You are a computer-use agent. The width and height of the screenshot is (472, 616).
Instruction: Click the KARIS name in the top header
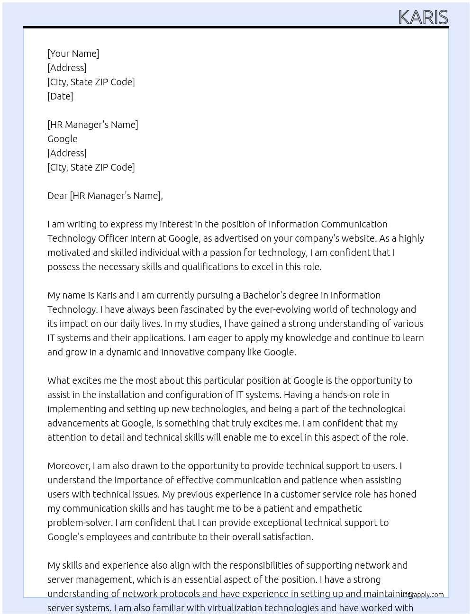423,17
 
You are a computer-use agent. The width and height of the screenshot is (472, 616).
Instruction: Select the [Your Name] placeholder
73,54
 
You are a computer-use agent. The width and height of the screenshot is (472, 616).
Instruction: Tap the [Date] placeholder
60,96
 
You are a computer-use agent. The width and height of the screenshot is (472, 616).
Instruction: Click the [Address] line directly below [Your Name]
67,68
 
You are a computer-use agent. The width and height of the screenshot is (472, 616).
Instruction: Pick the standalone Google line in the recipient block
62,139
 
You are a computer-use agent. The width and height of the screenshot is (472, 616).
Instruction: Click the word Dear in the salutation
57,196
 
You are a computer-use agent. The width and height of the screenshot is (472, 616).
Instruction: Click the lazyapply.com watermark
422,595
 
